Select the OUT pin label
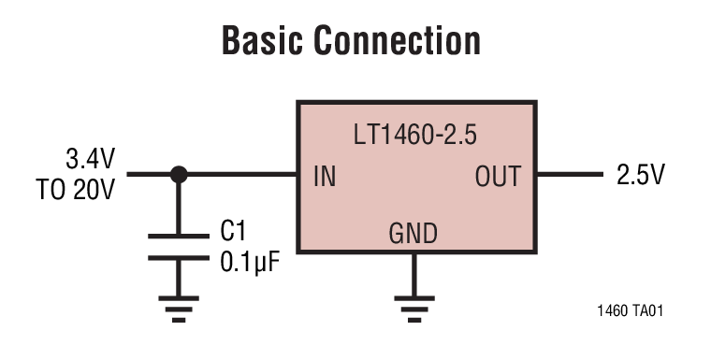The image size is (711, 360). (x=497, y=176)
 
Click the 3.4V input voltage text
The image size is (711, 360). (x=90, y=156)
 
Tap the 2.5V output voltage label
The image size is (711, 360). (x=640, y=175)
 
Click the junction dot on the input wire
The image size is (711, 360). (x=178, y=174)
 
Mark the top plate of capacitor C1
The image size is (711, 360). (x=178, y=236)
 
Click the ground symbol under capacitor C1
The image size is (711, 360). (x=178, y=305)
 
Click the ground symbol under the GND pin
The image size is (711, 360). (x=413, y=305)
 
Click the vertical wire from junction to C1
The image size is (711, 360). (x=178, y=206)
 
